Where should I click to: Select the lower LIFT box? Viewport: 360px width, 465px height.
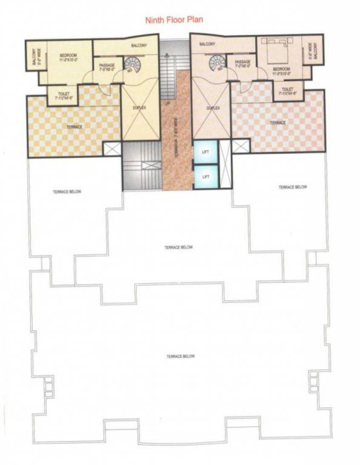[x=205, y=176]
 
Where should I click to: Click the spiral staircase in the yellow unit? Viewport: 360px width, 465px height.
[x=132, y=64]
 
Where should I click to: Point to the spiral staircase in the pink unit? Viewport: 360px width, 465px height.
[x=216, y=64]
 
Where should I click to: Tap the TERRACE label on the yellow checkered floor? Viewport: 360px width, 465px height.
[x=74, y=127]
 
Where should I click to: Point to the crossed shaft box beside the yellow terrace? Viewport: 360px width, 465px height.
[x=112, y=149]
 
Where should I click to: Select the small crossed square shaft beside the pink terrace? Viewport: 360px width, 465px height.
[x=241, y=146]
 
